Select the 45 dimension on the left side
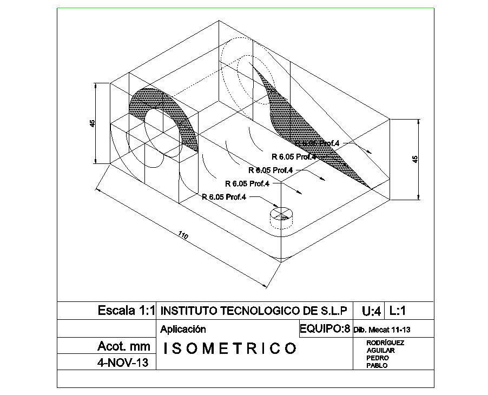(x=93, y=123)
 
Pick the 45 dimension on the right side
(x=415, y=159)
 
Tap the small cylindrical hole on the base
(x=280, y=214)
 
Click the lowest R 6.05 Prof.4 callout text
(x=224, y=197)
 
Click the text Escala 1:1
(x=126, y=311)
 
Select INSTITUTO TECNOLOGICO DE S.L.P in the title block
(x=254, y=311)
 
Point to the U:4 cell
(x=371, y=311)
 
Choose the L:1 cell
(x=398, y=311)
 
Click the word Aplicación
(x=183, y=329)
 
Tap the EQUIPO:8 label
(x=325, y=328)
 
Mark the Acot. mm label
(x=123, y=346)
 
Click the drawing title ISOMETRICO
(x=229, y=348)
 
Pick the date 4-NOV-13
(x=123, y=362)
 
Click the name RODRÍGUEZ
(x=385, y=343)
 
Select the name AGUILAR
(x=380, y=350)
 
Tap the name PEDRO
(x=377, y=358)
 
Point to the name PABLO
(x=377, y=365)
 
